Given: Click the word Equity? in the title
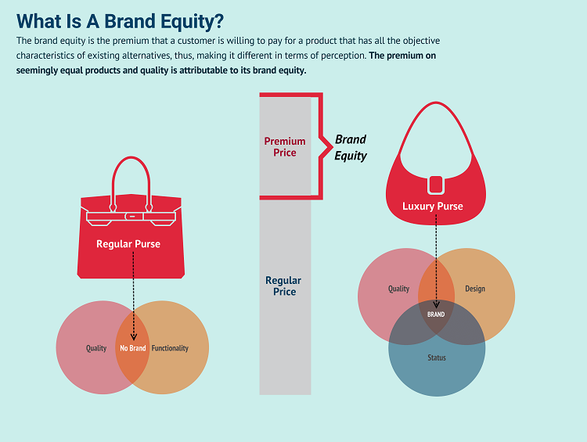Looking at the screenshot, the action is [192, 22].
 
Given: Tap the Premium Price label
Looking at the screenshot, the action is [285, 147].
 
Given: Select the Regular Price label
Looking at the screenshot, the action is [283, 286].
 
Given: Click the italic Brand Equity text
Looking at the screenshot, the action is [351, 147].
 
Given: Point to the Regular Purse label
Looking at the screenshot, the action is [128, 244].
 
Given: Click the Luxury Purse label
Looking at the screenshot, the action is [433, 207].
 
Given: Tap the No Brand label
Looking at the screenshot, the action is [133, 348].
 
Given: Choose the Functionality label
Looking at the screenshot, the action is [170, 348].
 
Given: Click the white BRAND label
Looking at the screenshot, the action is [436, 314].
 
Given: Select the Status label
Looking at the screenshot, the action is [437, 358].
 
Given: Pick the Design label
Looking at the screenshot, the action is [475, 289].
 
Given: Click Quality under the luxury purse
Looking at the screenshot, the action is [398, 289].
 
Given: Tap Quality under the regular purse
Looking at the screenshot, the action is [96, 348].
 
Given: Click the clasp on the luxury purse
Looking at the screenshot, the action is [436, 185].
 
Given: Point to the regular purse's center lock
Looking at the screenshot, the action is [131, 217].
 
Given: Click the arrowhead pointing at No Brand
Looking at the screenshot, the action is [134, 336].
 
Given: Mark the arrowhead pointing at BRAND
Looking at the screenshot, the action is [436, 304].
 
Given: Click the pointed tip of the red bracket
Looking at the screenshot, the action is [333, 146].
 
